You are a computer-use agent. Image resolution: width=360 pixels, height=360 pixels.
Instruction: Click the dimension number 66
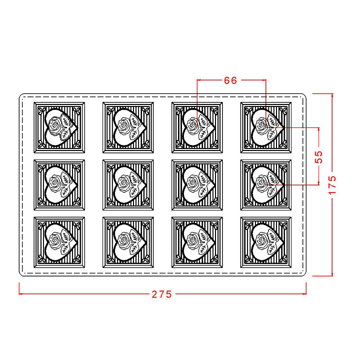click(x=230, y=80)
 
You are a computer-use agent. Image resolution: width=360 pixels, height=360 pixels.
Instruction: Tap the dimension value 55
click(x=318, y=157)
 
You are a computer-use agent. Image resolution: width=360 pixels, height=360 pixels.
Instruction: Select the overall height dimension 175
click(x=332, y=185)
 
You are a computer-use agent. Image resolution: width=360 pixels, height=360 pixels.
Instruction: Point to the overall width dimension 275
click(x=161, y=294)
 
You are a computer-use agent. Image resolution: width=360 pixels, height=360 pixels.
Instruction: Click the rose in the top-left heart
click(x=55, y=125)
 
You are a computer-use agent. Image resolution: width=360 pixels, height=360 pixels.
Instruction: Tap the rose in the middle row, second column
click(x=124, y=183)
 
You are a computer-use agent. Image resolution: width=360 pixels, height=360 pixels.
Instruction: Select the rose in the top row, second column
click(x=124, y=125)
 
